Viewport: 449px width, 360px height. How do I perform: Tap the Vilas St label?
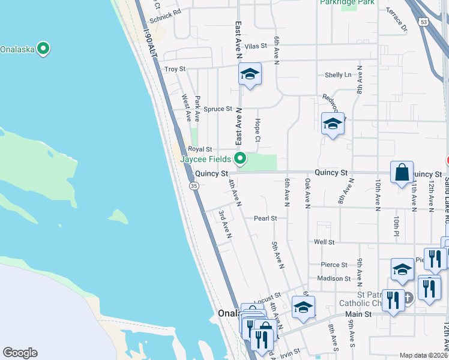(255, 46)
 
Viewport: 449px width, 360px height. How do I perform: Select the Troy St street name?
(175, 70)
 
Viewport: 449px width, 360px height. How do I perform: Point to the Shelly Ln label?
(338, 75)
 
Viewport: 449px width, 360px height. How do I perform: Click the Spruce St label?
(217, 109)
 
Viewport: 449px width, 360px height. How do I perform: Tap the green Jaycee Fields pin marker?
(240, 158)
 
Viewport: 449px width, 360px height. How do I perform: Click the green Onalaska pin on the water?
(43, 49)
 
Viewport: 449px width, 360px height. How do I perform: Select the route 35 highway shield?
(194, 187)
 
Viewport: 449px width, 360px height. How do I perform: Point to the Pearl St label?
(265, 218)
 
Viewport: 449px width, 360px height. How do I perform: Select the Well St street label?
(324, 242)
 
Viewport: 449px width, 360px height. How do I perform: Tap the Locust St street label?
(267, 297)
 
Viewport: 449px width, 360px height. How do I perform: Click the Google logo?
(20, 353)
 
